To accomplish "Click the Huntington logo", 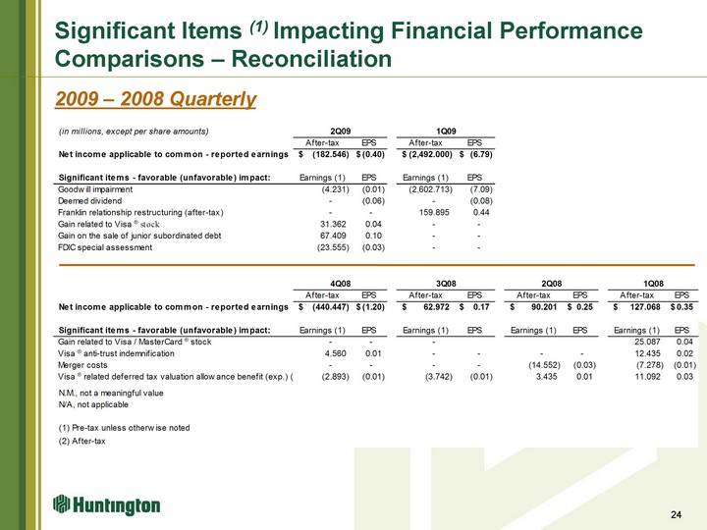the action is [106, 504].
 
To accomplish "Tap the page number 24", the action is [676, 514].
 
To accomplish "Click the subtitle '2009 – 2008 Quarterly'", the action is [155, 99].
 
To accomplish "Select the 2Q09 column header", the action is [341, 132].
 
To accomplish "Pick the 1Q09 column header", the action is [446, 132].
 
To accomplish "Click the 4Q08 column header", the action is [341, 284].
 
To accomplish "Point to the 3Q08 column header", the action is [446, 284].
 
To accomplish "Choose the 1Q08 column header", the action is [653, 284].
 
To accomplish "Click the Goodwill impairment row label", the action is [95, 189].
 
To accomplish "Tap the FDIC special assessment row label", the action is [105, 247].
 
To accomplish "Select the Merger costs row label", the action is [82, 365].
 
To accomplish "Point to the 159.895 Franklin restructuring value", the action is [434, 212].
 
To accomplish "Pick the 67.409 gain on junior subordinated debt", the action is [333, 236].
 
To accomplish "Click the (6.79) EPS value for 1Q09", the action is [481, 154].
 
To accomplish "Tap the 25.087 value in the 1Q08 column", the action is [647, 342].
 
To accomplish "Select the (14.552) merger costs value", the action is [544, 365].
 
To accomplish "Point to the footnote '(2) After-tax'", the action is [82, 442].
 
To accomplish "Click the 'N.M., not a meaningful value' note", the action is [110, 393].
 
